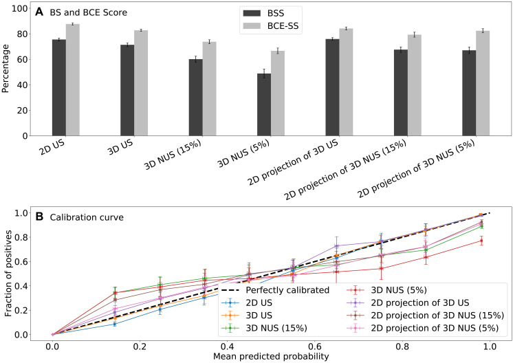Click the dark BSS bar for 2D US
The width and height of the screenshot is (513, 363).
click(59, 87)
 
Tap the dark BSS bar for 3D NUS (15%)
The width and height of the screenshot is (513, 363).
click(196, 98)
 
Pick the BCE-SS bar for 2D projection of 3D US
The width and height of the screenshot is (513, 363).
click(346, 82)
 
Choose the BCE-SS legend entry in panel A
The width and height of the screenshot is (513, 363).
click(271, 26)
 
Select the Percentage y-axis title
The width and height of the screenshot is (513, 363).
click(6, 69)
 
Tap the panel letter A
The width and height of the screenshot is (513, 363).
click(39, 12)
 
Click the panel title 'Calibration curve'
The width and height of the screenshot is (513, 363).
click(87, 217)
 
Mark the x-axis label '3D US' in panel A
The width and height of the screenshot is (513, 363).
click(120, 148)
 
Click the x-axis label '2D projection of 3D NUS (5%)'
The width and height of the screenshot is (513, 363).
click(415, 168)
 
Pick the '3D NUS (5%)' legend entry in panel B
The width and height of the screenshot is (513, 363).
click(386, 290)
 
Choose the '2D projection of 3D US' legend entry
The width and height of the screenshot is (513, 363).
click(408, 302)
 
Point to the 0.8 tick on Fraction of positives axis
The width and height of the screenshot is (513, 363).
click(23, 237)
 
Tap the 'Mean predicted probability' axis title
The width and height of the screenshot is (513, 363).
click(271, 356)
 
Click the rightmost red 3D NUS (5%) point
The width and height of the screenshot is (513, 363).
click(481, 241)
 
